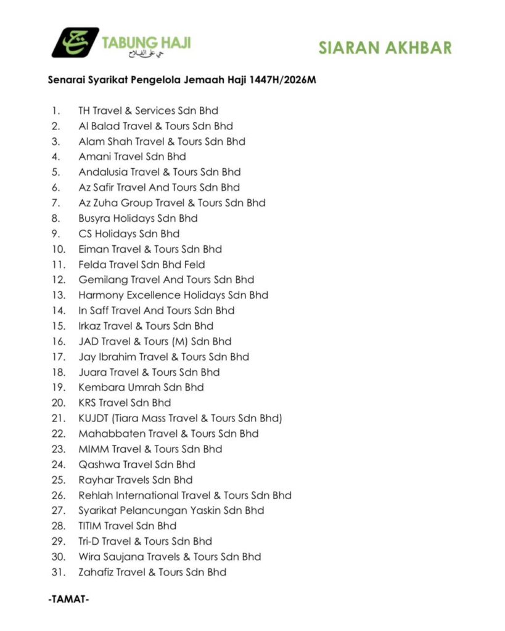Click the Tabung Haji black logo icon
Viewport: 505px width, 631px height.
tap(75, 43)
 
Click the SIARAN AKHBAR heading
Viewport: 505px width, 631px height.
tap(385, 48)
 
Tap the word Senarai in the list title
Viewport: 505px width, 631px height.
tap(65, 79)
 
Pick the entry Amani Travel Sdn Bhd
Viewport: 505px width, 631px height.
tap(132, 157)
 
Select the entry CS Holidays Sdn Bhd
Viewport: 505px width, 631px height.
tap(129, 234)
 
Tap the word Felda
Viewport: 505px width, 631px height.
tap(92, 264)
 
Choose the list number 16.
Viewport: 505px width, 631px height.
tap(59, 341)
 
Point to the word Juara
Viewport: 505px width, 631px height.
tap(92, 372)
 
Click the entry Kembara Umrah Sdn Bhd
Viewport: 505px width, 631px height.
tap(141, 388)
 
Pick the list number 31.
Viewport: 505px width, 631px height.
tap(59, 572)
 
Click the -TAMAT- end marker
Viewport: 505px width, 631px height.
tap(68, 599)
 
